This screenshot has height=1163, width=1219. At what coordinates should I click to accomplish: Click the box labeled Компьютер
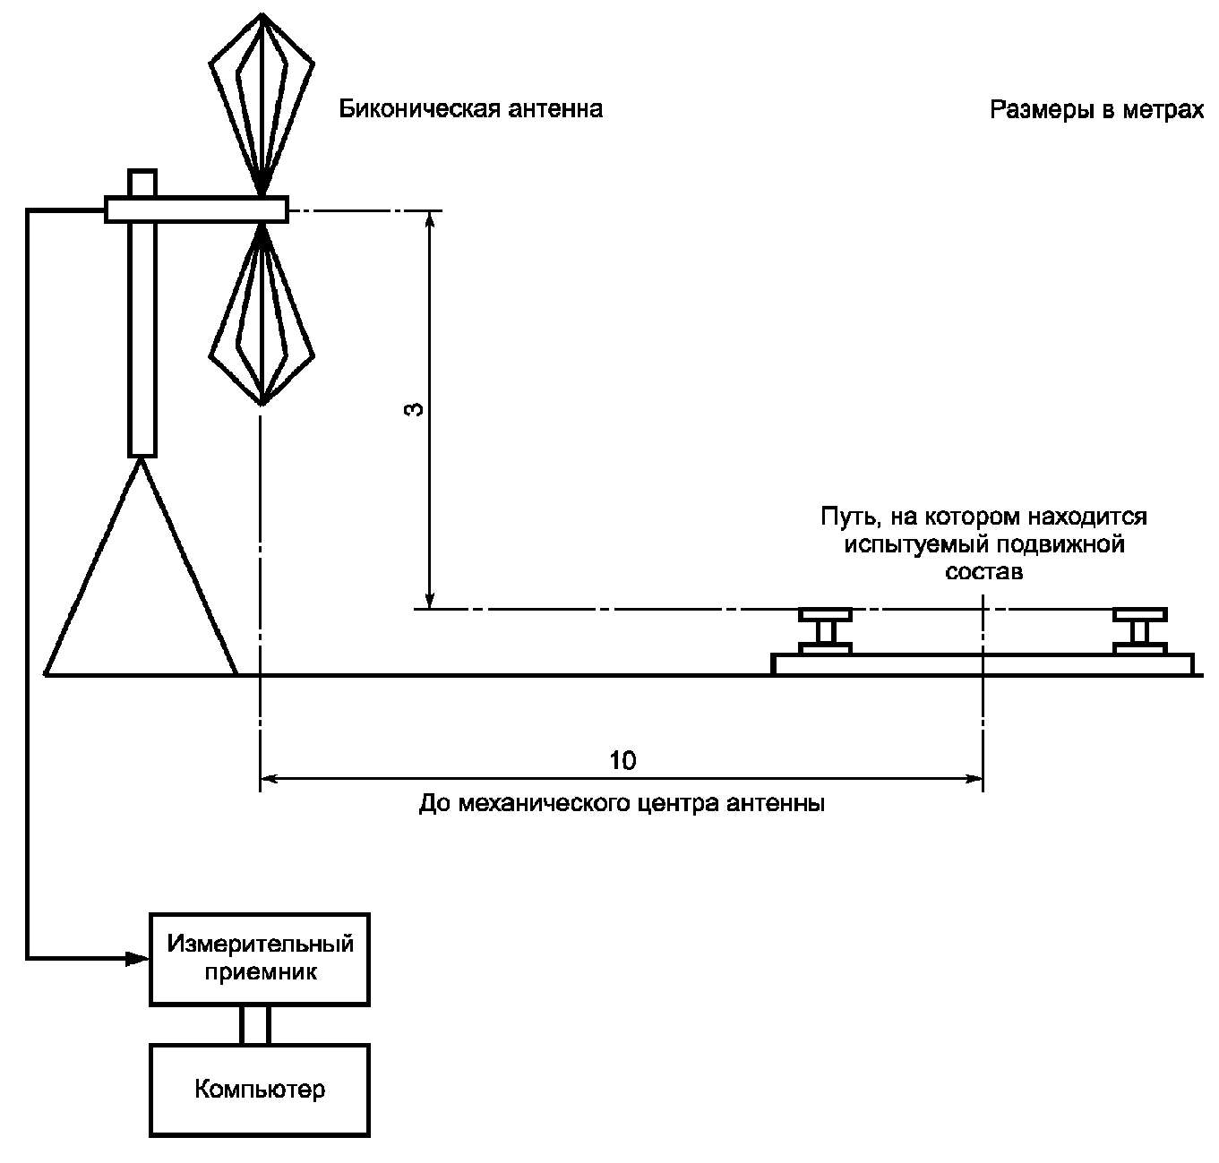(x=259, y=1090)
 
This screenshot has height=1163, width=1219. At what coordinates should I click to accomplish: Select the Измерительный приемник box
(x=259, y=959)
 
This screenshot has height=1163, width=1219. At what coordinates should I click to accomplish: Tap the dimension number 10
(x=622, y=760)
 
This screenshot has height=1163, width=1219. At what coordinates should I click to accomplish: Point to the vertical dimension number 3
(x=414, y=409)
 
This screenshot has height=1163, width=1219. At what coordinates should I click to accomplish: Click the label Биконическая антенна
(x=470, y=109)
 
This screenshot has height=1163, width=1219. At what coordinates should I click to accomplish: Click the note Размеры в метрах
(x=1096, y=110)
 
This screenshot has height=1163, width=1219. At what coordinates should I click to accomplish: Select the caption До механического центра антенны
(x=622, y=803)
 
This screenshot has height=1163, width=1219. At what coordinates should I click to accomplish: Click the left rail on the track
(x=825, y=631)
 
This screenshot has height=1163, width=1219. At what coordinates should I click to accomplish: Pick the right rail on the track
(x=1139, y=631)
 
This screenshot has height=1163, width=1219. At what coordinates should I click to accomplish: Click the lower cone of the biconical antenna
(x=262, y=313)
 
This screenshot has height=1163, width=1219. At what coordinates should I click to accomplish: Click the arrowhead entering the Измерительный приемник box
(x=137, y=958)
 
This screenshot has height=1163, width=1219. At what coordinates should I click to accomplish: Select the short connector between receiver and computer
(x=255, y=1025)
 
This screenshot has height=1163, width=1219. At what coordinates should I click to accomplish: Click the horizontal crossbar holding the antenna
(x=196, y=209)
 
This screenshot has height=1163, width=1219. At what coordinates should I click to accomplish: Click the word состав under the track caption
(x=984, y=571)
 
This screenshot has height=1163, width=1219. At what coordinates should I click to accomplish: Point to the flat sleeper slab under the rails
(x=983, y=664)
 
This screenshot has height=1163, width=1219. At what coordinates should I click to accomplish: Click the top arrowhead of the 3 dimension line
(x=429, y=221)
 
